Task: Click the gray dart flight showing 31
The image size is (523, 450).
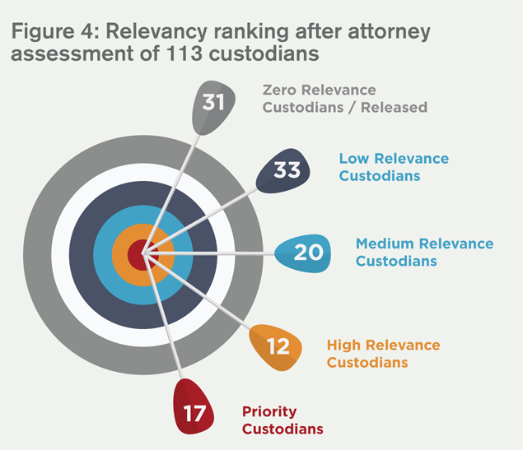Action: tap(213, 105)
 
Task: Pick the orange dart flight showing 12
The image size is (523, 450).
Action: tap(278, 346)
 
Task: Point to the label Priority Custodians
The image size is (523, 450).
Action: tap(282, 420)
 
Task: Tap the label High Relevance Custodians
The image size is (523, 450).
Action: tap(383, 354)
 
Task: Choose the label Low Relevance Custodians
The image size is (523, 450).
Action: tap(394, 167)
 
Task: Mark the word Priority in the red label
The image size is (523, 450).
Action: tap(269, 411)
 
